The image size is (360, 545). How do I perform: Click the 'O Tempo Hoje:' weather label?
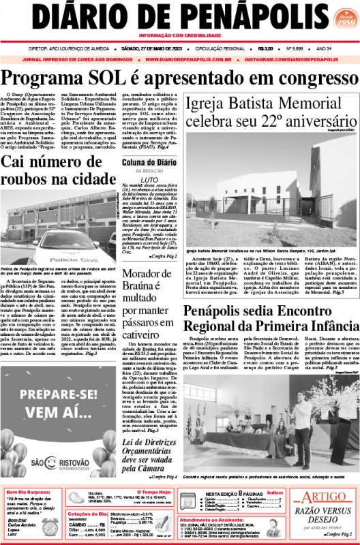point(161,491)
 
